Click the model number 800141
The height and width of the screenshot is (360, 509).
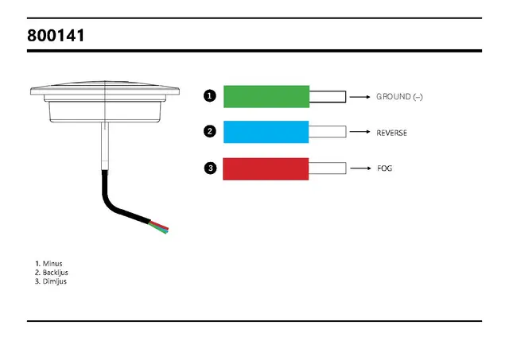click(x=56, y=35)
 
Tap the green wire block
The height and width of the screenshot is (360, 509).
click(x=266, y=97)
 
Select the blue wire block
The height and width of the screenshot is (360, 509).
click(x=266, y=132)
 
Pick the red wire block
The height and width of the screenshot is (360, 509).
click(x=266, y=169)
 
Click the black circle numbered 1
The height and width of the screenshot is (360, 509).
click(x=210, y=96)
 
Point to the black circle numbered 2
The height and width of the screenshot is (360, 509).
click(x=210, y=131)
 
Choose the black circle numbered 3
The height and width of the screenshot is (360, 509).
click(x=210, y=168)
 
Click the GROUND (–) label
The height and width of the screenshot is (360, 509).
click(x=399, y=97)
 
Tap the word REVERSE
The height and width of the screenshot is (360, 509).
click(x=391, y=133)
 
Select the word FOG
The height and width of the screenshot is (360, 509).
click(x=385, y=168)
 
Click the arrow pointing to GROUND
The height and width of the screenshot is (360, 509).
click(x=360, y=97)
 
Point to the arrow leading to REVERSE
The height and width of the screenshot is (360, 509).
click(x=360, y=132)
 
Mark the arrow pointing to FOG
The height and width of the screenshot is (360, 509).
click(x=360, y=168)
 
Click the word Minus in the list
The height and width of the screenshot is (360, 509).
click(x=52, y=264)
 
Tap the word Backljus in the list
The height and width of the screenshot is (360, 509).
click(x=55, y=273)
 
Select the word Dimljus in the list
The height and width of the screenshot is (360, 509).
click(x=55, y=281)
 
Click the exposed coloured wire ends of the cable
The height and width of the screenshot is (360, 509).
click(x=159, y=226)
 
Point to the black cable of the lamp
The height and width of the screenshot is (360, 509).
click(x=115, y=207)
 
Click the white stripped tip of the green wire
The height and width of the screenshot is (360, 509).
click(x=328, y=97)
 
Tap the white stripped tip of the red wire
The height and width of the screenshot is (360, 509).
click(x=327, y=168)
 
